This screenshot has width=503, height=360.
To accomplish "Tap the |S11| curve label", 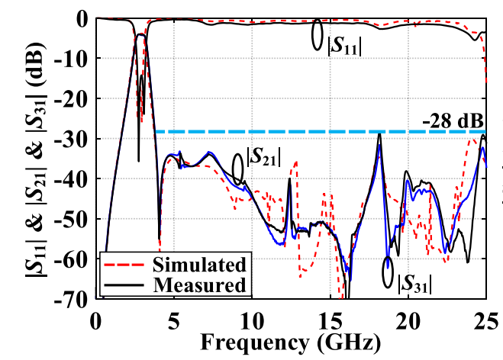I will [343, 43].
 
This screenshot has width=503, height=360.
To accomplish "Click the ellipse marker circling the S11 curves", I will [318, 35].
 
